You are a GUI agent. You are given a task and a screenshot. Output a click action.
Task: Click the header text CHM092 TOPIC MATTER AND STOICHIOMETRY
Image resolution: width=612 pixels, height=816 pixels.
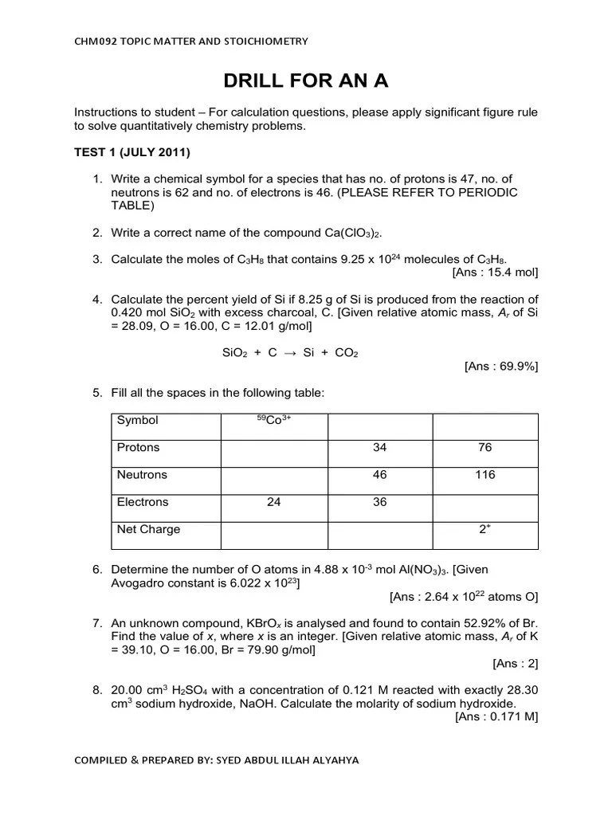click(x=190, y=41)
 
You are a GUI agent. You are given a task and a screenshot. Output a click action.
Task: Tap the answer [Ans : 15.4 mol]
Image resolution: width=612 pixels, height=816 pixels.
click(x=495, y=273)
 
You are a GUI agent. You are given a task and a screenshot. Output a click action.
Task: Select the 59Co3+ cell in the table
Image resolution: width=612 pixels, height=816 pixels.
click(x=274, y=420)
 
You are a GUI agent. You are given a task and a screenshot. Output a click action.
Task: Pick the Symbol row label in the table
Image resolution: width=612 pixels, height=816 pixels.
click(x=138, y=420)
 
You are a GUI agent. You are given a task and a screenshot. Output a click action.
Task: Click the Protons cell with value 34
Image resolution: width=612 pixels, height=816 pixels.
click(x=379, y=448)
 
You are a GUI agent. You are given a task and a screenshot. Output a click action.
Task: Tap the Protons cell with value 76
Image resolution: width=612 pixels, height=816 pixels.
click(x=484, y=448)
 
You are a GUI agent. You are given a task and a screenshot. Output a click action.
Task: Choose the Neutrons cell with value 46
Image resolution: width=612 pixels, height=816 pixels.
click(x=379, y=475)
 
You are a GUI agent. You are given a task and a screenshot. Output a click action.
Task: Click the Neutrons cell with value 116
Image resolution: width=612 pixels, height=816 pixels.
click(x=484, y=475)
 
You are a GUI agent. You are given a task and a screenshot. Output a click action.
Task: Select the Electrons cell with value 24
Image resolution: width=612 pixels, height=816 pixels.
click(x=274, y=502)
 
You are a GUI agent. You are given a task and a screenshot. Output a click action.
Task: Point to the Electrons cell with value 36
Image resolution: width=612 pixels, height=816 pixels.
click(x=379, y=502)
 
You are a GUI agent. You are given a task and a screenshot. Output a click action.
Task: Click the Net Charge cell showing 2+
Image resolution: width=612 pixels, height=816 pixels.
click(x=484, y=529)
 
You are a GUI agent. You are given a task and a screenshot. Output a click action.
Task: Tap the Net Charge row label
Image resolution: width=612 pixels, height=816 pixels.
click(x=149, y=529)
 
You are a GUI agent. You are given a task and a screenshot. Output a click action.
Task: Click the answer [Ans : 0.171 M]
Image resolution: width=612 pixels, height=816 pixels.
click(x=496, y=716)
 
